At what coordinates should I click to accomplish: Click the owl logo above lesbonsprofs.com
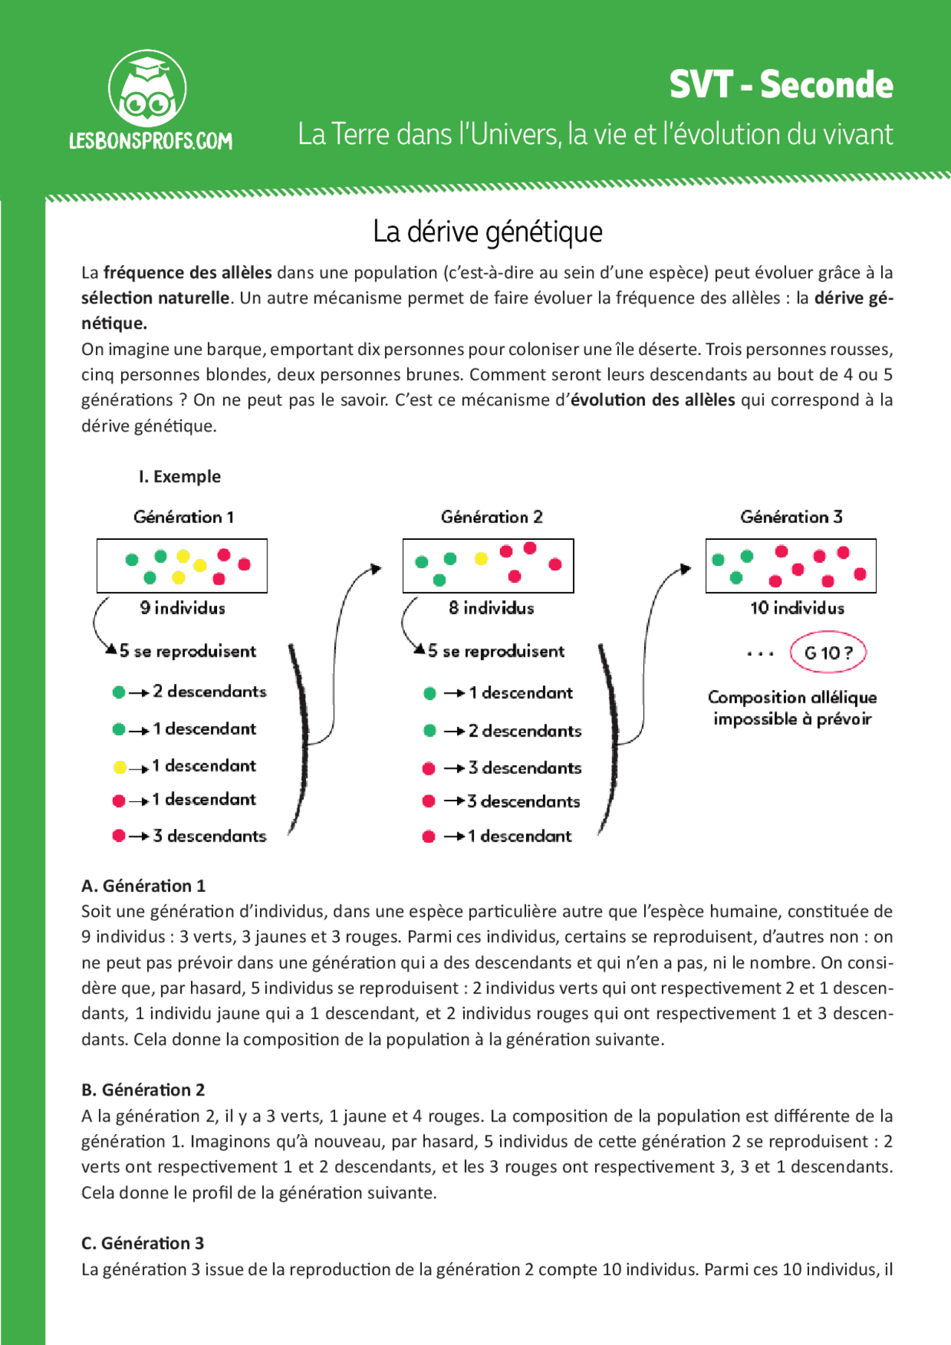coord(147,90)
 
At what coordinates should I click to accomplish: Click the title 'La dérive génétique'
coord(487,232)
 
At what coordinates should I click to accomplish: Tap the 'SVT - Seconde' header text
coord(780,85)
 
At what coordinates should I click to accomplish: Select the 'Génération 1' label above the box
coord(184,517)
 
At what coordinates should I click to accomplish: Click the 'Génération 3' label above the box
coord(791,517)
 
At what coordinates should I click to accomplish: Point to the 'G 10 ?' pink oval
coord(828,653)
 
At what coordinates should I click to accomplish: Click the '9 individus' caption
coord(183,608)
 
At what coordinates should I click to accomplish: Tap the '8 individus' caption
coord(491,608)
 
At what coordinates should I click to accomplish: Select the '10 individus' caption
coord(797,608)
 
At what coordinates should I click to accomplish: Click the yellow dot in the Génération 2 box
coord(481,558)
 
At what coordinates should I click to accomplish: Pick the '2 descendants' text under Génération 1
coord(209,691)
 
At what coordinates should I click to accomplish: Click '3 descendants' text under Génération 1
coord(209,836)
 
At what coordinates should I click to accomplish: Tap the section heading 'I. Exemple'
coord(180,477)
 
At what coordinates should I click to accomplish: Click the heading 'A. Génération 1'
coord(143,886)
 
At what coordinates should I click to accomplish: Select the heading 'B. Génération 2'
coord(143,1090)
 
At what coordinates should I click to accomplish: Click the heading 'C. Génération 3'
coord(143,1243)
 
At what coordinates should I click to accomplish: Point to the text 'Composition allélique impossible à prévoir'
coord(792,708)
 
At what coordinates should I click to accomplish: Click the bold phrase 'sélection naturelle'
coord(156,299)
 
